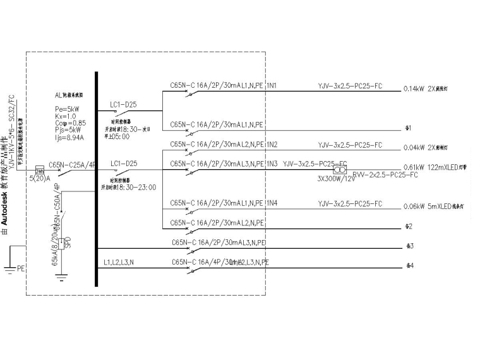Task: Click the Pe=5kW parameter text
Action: (68, 109)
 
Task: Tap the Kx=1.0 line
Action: (66, 116)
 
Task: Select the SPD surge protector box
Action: (60, 243)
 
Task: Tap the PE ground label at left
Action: (21, 268)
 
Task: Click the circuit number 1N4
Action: (272, 203)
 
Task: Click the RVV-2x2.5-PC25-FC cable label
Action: (385, 174)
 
